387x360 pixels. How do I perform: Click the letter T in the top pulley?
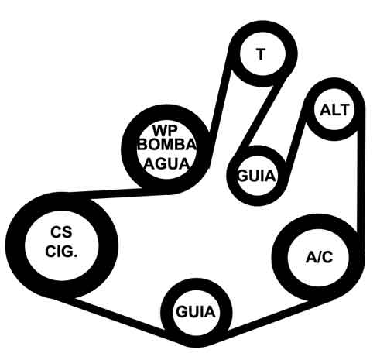261,54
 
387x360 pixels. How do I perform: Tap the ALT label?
334,110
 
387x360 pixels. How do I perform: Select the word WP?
165,130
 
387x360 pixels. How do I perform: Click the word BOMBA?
167,145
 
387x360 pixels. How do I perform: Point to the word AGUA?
167,163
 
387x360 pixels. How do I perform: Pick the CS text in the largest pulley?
61,232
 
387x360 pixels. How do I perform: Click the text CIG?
61,251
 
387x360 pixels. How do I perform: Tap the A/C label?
320,257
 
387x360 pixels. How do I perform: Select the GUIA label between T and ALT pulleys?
257,177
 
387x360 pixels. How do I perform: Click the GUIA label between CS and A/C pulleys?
195,312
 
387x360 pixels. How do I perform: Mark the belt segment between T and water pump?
219,108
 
